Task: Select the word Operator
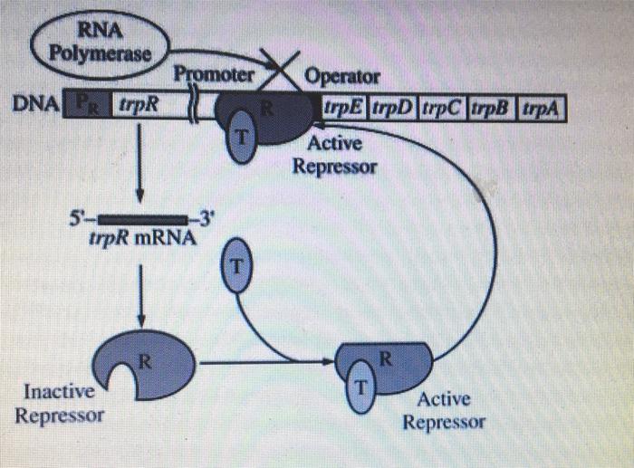pos(344,76)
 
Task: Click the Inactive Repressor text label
pos(59,405)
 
